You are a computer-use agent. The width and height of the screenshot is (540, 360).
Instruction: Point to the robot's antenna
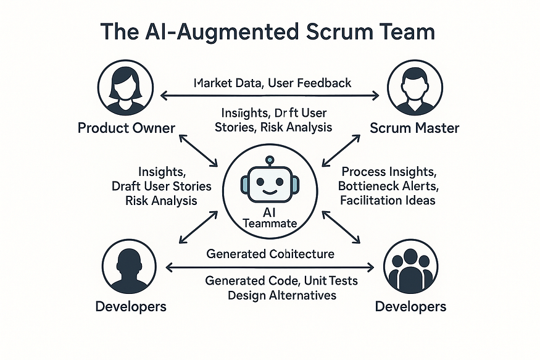pyautogui.click(x=268, y=161)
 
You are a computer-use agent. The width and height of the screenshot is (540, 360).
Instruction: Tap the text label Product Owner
pyautogui.click(x=127, y=128)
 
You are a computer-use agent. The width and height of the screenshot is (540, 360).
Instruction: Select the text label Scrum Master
pyautogui.click(x=414, y=128)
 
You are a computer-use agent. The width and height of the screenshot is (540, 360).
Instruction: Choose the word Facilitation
pyautogui.click(x=370, y=200)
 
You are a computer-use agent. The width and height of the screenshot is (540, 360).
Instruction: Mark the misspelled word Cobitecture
pyautogui.click(x=302, y=254)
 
